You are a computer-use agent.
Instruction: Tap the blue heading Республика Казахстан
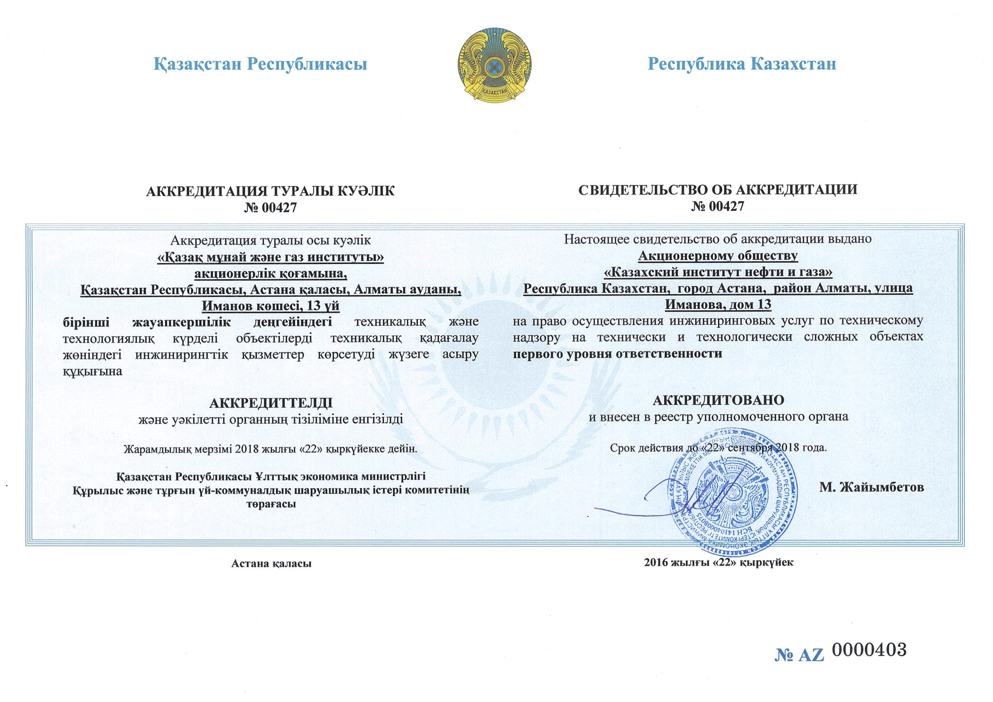pos(742,64)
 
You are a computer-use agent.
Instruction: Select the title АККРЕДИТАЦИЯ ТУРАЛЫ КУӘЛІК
pos(270,191)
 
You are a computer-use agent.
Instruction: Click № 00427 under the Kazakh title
pos(270,208)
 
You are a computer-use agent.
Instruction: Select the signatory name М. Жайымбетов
pos(871,488)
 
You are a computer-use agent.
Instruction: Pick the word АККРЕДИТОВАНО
pos(718,400)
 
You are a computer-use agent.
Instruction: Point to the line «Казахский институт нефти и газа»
pos(718,272)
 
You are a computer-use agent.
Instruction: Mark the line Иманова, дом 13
pos(718,304)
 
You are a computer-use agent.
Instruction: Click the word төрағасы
pos(271,504)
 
